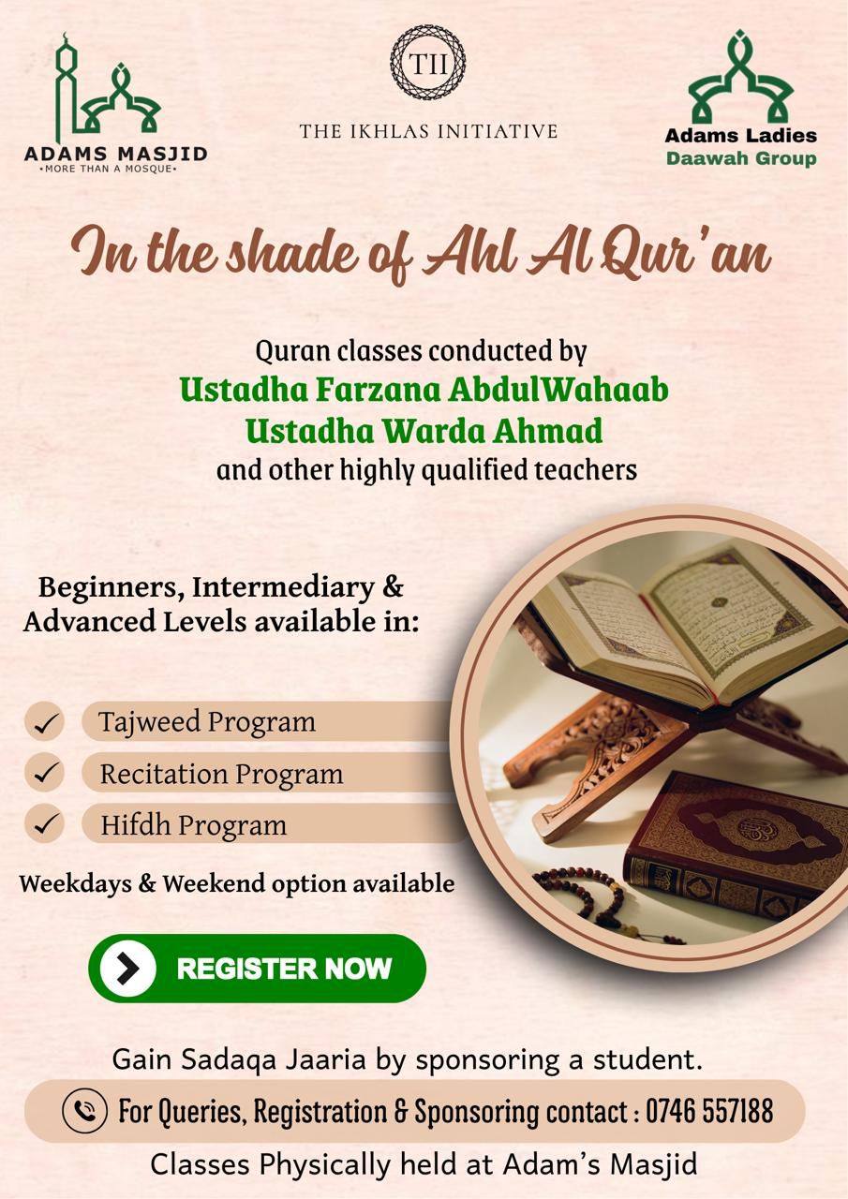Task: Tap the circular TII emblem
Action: pos(427,63)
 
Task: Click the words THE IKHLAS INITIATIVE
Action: pos(428,131)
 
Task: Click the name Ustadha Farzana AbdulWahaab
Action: pos(424,389)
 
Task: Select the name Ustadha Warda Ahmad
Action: pos(424,431)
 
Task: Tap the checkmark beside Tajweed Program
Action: pos(44,722)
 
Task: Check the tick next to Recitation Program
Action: pos(44,774)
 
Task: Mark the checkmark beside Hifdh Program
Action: pos(44,825)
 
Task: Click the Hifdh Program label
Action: pos(193,825)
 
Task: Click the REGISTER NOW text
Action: pos(284,969)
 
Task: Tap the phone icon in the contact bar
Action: pos(84,1112)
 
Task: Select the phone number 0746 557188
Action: pos(710,1112)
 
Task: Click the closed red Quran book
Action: pos(740,843)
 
